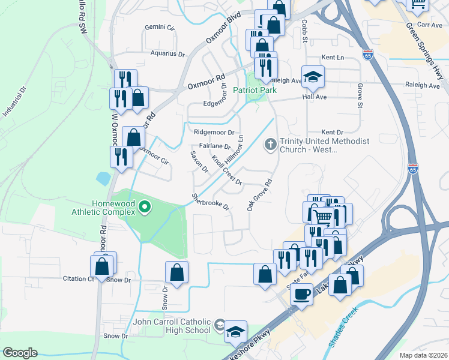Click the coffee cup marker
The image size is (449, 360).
click(302, 294)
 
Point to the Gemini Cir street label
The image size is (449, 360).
click(160, 28)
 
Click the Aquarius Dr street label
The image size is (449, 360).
click(167, 53)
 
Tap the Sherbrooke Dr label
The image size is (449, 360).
click(211, 202)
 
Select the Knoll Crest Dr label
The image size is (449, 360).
click(226, 170)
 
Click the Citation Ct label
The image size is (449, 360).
click(79, 279)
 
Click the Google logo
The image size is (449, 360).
click(20, 353)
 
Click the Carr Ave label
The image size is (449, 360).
click(430, 25)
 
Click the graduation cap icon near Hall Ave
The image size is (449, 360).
click(313, 76)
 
